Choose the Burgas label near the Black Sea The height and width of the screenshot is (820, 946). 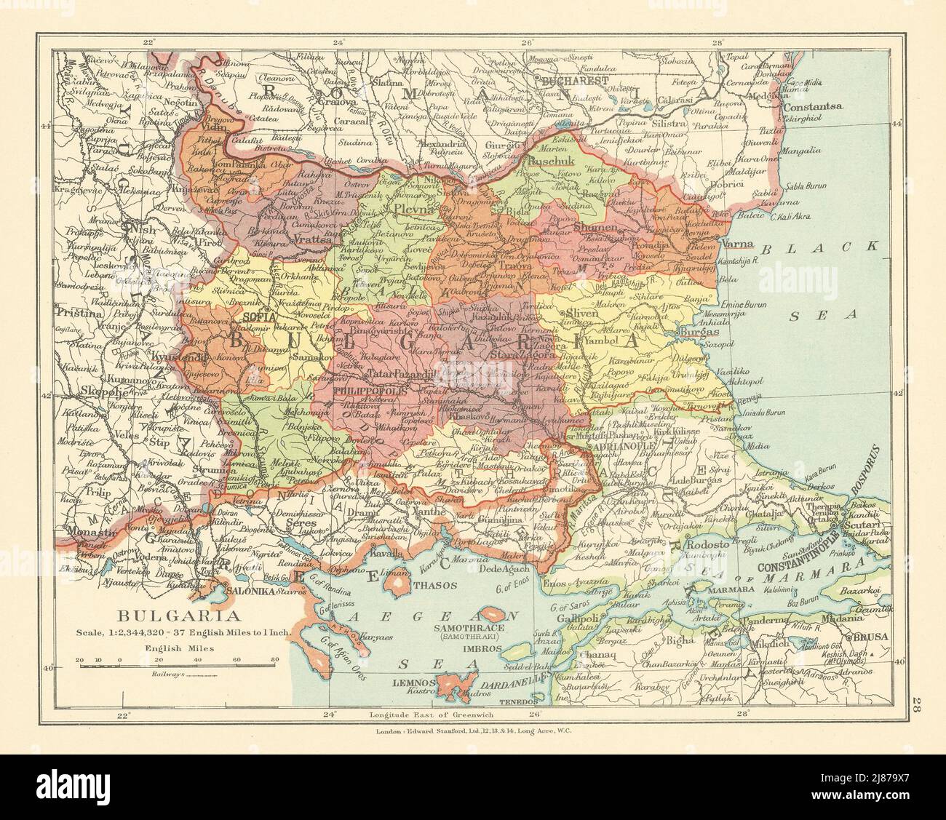point(698,331)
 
